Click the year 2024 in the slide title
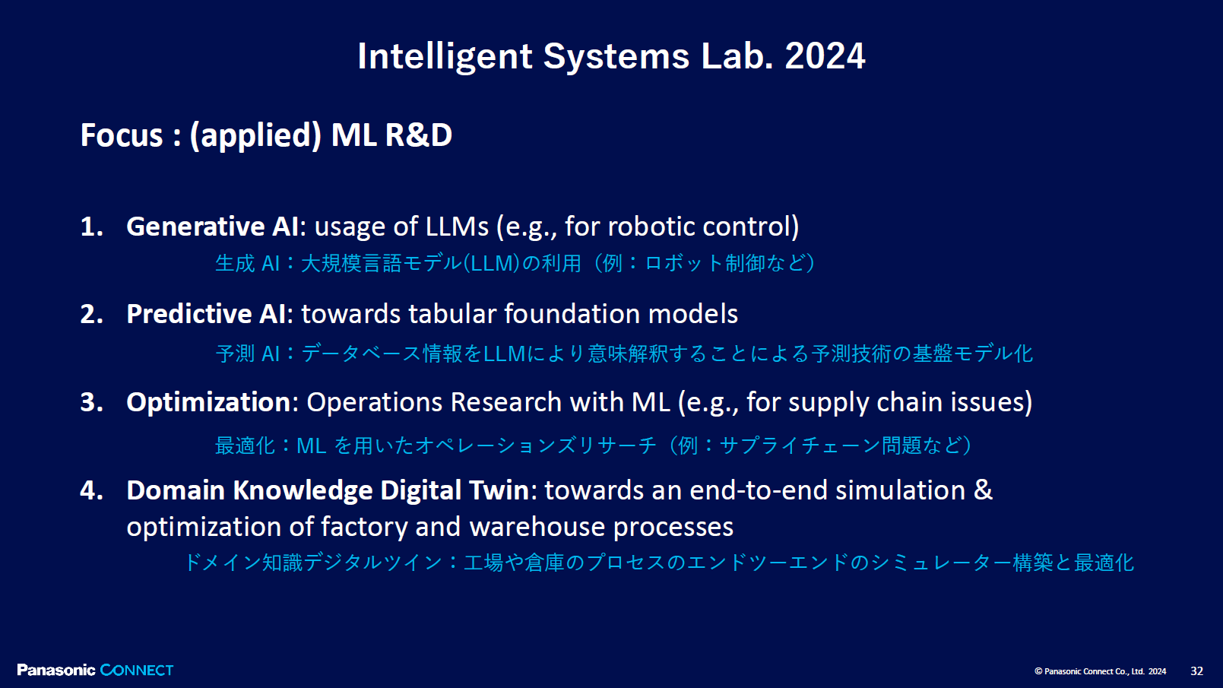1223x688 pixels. (x=825, y=56)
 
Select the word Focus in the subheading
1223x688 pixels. (x=122, y=135)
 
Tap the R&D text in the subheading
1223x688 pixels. (x=418, y=135)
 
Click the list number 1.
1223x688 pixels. (x=92, y=227)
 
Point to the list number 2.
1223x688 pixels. (x=92, y=314)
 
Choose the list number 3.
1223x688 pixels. (x=92, y=402)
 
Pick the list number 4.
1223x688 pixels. (x=92, y=490)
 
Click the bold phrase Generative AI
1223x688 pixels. (x=213, y=227)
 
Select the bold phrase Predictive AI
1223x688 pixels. (x=207, y=314)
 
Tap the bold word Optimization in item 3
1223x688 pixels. (x=208, y=402)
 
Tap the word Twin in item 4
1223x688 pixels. (x=499, y=490)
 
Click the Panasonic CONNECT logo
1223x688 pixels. (x=95, y=670)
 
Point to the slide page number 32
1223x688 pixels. (x=1197, y=671)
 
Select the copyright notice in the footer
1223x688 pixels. (x=1100, y=671)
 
